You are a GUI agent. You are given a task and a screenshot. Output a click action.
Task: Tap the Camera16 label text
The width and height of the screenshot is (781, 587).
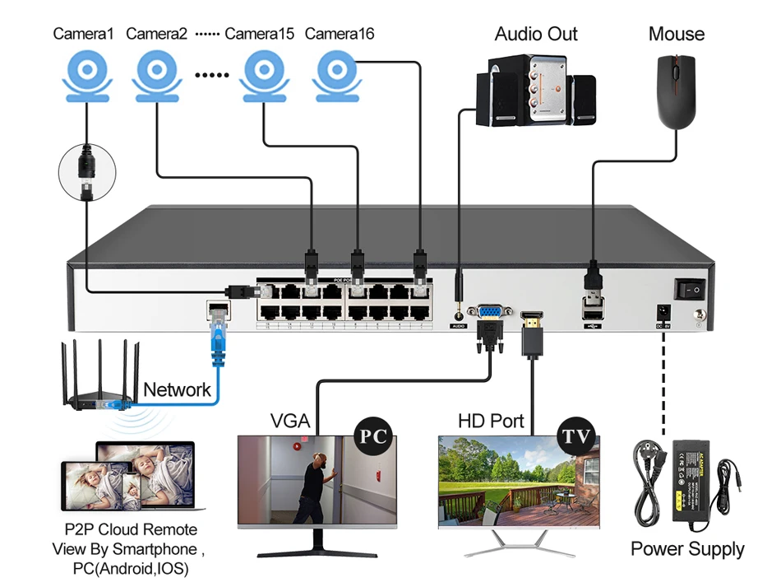point(339,34)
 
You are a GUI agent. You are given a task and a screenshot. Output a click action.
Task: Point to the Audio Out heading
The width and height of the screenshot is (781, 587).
point(536,34)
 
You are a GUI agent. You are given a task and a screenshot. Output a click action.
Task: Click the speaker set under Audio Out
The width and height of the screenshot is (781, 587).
point(535,91)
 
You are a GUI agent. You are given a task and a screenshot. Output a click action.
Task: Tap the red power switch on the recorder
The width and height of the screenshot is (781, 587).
point(690,288)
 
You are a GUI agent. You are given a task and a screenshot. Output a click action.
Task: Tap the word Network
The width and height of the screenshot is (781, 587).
point(177,389)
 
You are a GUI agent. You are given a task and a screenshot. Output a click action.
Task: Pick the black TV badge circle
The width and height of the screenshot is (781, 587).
point(576,436)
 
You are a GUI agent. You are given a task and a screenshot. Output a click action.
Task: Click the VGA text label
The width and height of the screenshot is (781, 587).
point(289,422)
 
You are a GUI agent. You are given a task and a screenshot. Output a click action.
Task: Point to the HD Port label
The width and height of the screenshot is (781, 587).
point(491,422)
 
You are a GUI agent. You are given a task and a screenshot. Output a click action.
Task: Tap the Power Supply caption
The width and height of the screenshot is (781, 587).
point(687,549)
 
